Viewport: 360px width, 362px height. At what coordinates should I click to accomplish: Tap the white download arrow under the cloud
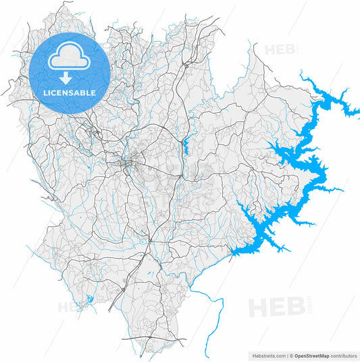point(70,78)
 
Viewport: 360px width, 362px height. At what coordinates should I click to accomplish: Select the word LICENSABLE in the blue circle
point(70,92)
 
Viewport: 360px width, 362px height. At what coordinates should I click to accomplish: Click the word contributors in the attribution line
point(342,355)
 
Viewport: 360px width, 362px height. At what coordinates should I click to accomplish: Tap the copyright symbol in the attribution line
point(289,355)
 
